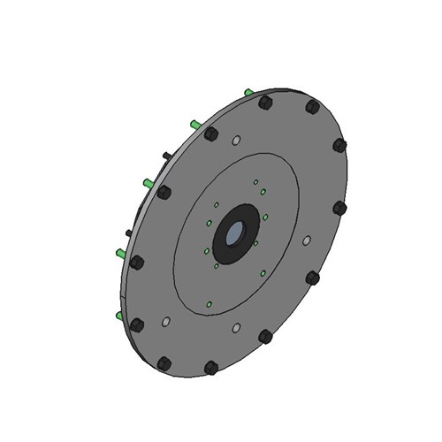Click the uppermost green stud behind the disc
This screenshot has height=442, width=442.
248,92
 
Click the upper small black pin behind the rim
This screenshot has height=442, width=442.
165,156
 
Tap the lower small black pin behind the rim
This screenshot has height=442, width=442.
129,232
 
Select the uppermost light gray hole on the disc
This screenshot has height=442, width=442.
236,141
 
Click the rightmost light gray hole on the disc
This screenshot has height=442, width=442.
307,240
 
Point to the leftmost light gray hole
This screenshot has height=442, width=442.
164,322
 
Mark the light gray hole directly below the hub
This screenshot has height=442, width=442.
236,328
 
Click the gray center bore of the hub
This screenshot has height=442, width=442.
235,234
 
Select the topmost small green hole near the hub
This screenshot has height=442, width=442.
255,182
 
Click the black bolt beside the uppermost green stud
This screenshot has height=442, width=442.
264,103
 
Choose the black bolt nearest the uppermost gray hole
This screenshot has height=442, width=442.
211,134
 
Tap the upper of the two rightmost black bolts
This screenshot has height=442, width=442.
339,145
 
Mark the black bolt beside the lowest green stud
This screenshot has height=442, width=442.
136,324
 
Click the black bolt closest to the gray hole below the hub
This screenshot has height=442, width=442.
265,336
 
